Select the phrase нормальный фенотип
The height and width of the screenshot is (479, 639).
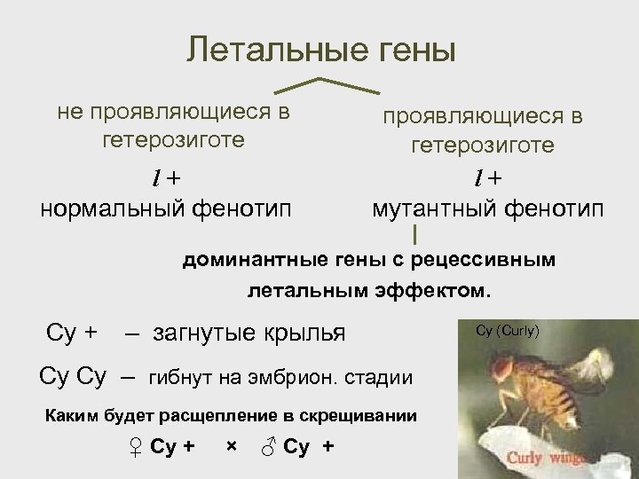[x=166, y=209]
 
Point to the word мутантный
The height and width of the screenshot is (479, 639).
[x=434, y=209]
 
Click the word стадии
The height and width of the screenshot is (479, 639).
[x=383, y=378]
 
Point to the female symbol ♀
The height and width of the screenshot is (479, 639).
[x=136, y=446]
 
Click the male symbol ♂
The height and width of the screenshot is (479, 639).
[x=270, y=446]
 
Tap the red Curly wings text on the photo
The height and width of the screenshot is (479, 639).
[x=542, y=458]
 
